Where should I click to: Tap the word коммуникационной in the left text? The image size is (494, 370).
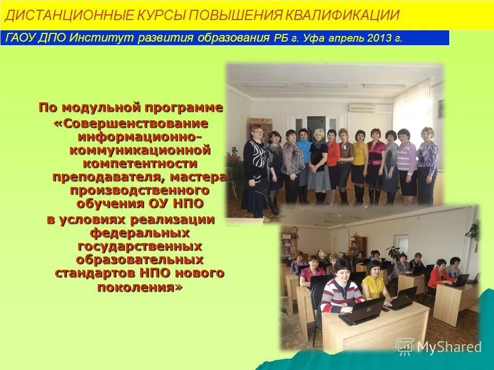(x=140, y=151)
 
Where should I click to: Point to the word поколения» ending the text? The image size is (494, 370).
(x=140, y=287)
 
